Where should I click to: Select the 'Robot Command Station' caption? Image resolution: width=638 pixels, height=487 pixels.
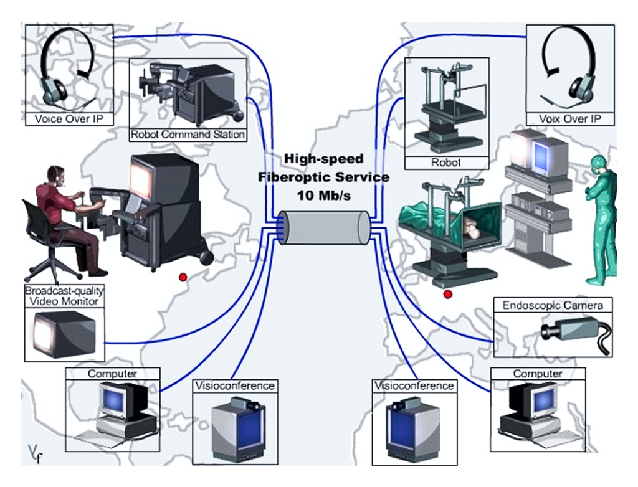coord(188,135)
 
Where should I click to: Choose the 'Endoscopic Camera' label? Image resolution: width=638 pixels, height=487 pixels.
coord(553,306)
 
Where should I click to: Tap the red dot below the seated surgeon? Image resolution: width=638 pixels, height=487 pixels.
coord(183,276)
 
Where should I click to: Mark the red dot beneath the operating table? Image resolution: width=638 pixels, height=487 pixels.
coord(447,293)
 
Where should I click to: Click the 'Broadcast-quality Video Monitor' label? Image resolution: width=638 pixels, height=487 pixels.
coord(64,297)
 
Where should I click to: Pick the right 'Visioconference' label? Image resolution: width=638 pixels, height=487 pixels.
coord(414,385)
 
